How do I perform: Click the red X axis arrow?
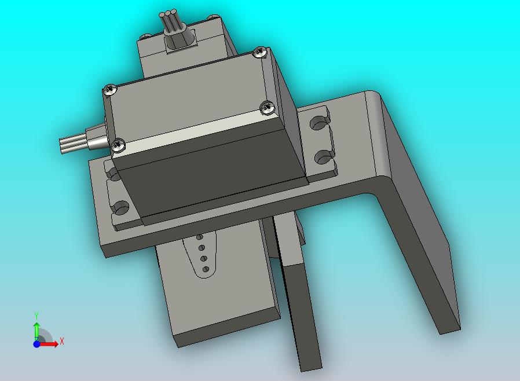click(49, 344)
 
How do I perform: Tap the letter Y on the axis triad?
click(36, 316)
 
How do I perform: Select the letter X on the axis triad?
click(62, 341)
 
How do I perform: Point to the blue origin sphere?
click(37, 344)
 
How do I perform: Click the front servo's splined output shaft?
click(72, 144)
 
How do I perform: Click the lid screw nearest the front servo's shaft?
click(118, 145)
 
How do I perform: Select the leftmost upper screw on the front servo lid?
click(110, 90)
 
